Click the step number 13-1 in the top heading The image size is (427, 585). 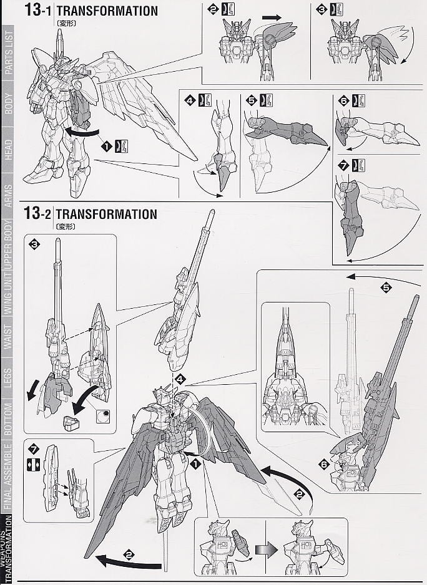pos(37,11)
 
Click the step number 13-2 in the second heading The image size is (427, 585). pos(37,214)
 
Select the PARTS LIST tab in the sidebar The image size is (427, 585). pos(9,53)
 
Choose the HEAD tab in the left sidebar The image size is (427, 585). pos(9,150)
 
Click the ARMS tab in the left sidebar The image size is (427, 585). pos(9,196)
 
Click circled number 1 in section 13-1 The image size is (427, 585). pos(107,146)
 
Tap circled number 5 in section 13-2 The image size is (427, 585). pos(386,288)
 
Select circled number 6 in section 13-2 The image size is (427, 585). pos(323,463)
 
